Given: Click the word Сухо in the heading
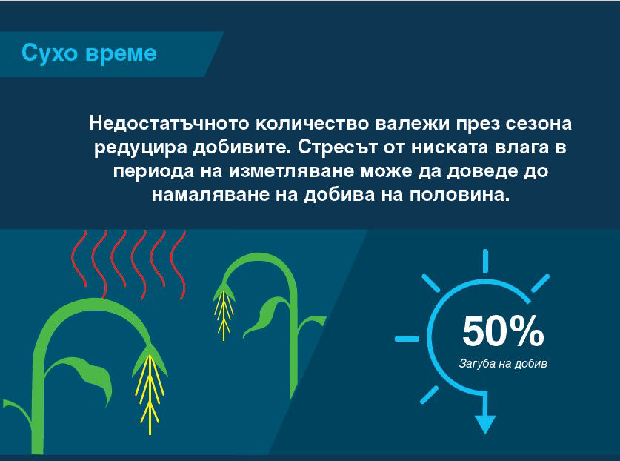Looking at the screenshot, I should click(47, 53).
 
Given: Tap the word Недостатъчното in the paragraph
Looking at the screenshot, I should click(164, 124).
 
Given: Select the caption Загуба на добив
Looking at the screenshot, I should click(504, 365).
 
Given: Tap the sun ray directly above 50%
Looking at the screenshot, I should click(486, 261).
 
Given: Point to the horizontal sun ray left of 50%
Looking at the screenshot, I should click(407, 339).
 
